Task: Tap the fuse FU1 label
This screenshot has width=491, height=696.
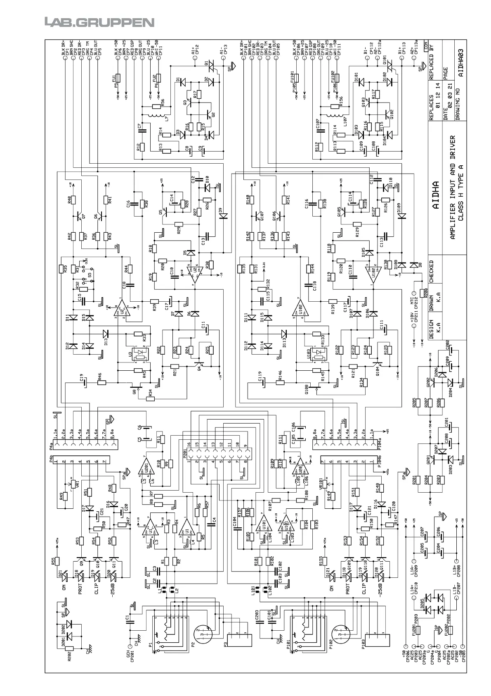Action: coord(114,78)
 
